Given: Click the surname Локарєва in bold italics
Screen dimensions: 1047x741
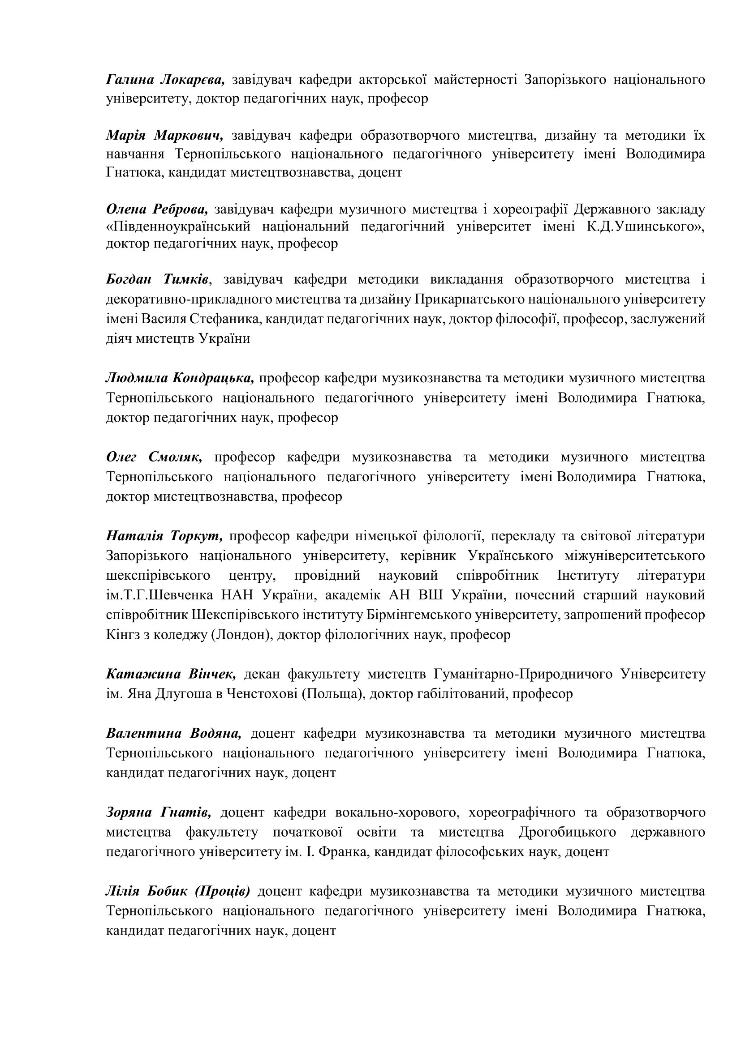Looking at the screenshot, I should point(193,80).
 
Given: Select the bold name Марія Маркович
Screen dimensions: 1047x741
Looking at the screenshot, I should point(165,136).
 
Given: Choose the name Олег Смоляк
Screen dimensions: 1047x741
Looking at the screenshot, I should point(154,457).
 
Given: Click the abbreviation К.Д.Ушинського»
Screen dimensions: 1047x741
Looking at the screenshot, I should point(646,226).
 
